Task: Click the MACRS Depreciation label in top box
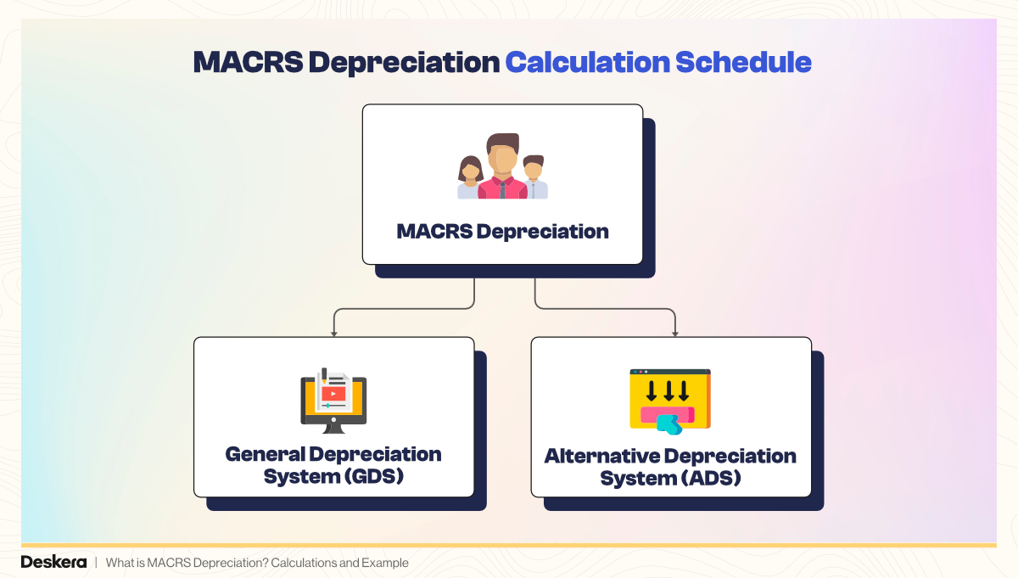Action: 502,231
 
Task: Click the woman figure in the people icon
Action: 469,178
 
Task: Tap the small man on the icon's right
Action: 534,177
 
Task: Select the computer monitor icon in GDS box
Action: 333,399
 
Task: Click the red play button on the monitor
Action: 333,393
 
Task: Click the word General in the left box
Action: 264,454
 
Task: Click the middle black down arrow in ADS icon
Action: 669,391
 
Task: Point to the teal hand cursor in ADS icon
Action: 669,424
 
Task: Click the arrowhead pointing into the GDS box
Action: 334,332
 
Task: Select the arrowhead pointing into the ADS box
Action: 675,332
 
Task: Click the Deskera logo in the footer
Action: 53,563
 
